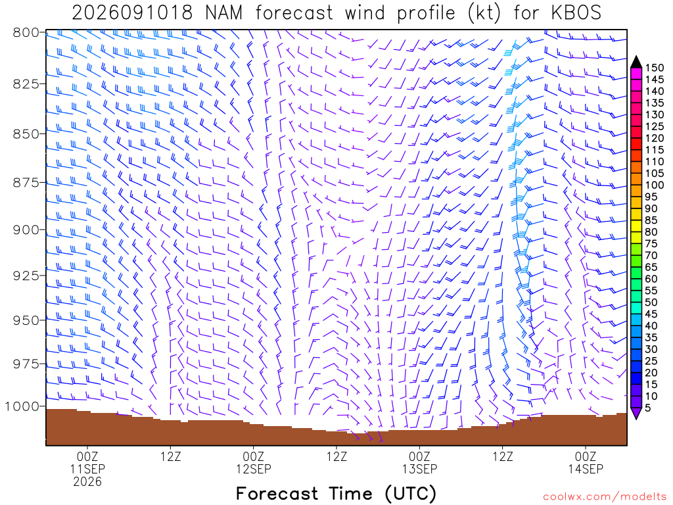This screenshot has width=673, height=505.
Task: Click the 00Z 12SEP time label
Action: (x=253, y=462)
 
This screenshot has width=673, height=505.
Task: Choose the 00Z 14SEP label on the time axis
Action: (x=586, y=462)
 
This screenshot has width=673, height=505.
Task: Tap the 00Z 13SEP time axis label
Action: (x=419, y=462)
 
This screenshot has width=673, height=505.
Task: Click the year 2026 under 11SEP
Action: (x=87, y=482)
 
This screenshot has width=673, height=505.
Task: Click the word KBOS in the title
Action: (x=576, y=13)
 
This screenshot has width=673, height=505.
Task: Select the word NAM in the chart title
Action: (x=223, y=13)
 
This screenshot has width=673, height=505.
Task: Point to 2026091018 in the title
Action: (x=132, y=13)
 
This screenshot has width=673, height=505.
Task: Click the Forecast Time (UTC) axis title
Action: (x=336, y=493)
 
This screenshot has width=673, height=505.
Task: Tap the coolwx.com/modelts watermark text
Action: (x=605, y=497)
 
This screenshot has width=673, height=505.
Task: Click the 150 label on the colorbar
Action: (x=655, y=68)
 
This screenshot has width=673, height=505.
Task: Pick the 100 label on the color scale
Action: (x=655, y=185)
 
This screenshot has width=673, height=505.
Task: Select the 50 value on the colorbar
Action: (x=651, y=302)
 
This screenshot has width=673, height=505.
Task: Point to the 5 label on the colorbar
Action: (x=648, y=408)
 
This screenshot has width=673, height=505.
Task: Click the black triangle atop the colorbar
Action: (x=636, y=62)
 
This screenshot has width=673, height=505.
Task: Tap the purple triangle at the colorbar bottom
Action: (x=636, y=413)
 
